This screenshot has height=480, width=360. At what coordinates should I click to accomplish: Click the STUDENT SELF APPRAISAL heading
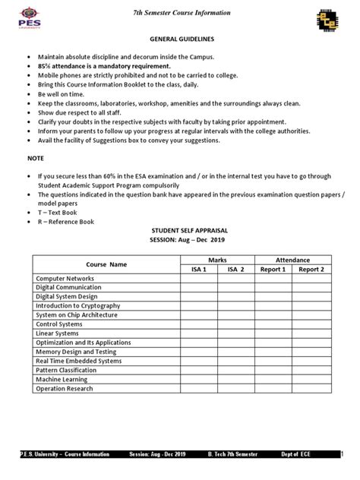click(179, 231)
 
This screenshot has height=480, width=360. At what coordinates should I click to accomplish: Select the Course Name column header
click(106, 264)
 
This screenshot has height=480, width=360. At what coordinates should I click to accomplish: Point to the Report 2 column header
click(311, 269)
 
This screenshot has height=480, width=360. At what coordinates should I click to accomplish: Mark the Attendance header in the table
click(292, 259)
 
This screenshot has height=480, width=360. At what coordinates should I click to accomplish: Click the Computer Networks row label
click(65, 279)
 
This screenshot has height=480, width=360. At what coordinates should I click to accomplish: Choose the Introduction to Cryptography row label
click(78, 306)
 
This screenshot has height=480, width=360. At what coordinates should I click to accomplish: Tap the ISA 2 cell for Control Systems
click(235, 324)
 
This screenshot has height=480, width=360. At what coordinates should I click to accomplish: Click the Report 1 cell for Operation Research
click(273, 388)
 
